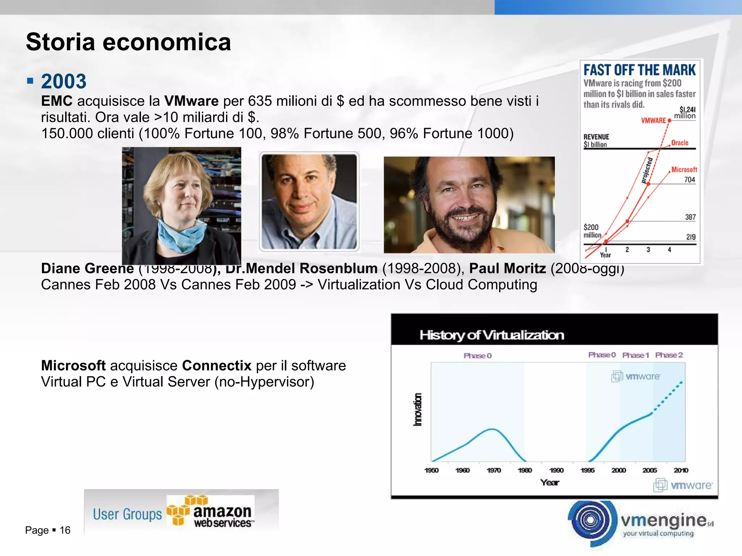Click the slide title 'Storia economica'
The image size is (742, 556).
tap(128, 42)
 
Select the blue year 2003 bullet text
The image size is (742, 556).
tap(64, 81)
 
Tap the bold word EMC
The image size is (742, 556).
tap(57, 101)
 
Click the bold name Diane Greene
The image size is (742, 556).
tap(87, 269)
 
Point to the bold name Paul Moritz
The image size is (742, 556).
tap(507, 269)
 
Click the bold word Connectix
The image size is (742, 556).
tap(217, 366)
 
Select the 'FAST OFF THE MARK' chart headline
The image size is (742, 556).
tap(639, 70)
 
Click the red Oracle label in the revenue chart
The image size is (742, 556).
tap(680, 143)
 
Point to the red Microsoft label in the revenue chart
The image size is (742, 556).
tap(684, 169)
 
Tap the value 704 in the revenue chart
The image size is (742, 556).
tap(689, 180)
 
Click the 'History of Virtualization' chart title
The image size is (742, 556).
tap(492, 335)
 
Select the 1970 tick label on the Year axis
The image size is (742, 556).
tap(494, 470)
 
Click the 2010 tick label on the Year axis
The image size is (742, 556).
tap(681, 470)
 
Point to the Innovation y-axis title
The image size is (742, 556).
tap(418, 409)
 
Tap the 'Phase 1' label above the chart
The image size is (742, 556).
tap(635, 355)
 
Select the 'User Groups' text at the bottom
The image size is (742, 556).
tap(127, 514)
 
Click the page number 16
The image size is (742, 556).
tap(65, 530)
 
